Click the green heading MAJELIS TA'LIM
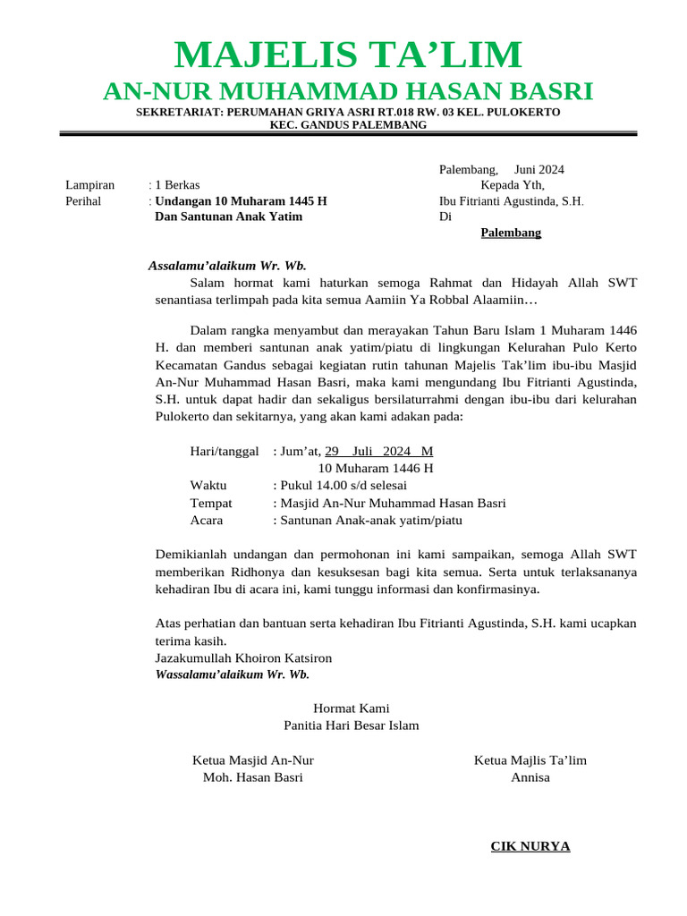348,55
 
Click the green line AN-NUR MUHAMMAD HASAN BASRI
348,91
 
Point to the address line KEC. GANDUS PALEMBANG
348,125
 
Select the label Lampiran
89,185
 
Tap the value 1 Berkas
177,185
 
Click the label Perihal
83,201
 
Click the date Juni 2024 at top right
539,169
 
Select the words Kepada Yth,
512,185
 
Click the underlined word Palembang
511,233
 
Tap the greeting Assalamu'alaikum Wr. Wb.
227,266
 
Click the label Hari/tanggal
225,452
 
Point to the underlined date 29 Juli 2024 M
378,452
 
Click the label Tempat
211,503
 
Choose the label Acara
207,520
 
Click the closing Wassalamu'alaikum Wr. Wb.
233,674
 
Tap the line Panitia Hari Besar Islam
351,725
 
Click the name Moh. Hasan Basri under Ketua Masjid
253,777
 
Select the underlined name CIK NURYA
530,846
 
